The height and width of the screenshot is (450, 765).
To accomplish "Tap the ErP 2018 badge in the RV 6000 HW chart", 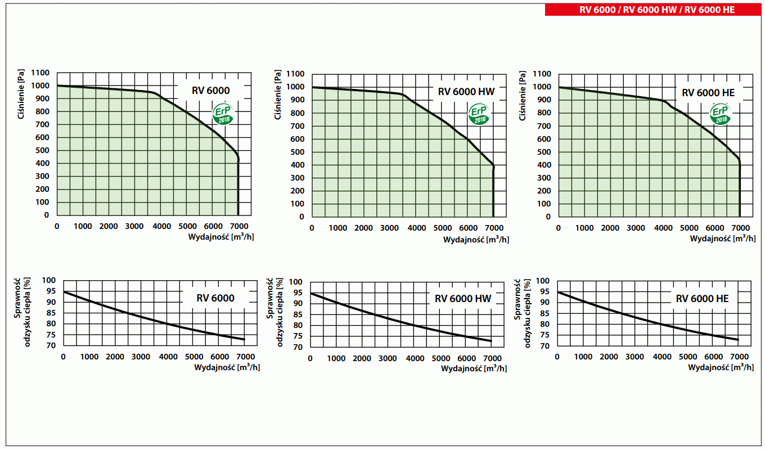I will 480,114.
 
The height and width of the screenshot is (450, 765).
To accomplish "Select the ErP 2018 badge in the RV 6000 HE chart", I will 720,114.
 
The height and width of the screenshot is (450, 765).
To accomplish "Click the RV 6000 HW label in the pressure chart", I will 466,92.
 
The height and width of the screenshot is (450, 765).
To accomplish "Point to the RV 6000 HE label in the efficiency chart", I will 702,299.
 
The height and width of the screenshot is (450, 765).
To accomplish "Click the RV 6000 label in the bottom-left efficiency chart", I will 215,298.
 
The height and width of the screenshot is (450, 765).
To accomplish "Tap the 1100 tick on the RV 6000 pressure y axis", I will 40,73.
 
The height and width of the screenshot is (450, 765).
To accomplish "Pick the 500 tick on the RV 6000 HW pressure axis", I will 298,152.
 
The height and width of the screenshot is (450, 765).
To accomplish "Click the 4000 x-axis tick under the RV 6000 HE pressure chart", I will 662,228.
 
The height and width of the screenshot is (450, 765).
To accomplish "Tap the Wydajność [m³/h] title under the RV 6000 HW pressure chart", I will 476,240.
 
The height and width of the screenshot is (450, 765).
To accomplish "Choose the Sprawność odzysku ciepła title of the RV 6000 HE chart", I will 523,313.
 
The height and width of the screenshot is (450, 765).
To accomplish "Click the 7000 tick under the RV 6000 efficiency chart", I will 245,357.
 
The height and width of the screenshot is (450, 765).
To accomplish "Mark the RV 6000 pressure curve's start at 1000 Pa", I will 57,85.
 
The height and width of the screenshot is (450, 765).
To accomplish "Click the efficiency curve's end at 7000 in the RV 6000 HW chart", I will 492,341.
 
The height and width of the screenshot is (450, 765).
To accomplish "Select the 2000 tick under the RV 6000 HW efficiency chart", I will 363,359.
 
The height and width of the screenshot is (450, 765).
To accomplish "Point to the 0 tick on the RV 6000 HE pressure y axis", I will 548,217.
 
